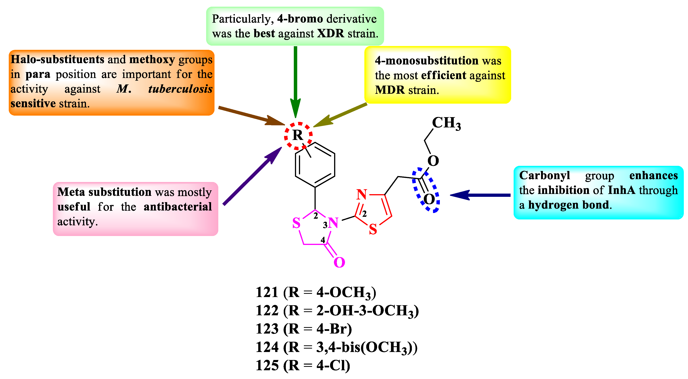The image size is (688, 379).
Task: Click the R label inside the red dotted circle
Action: coord(298,135)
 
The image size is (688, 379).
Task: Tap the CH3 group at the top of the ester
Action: coord(446,123)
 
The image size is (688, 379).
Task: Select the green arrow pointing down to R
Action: coord(295,80)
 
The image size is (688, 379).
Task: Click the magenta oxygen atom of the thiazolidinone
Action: coord(339,262)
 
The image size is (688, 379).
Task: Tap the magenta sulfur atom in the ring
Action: coord(296,223)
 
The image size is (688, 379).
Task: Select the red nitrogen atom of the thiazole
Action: coord(362,194)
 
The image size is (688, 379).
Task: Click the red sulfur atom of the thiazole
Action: coord(373,229)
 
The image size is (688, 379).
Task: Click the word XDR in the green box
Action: coord(331,34)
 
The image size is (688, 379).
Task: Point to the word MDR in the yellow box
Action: coord(390,90)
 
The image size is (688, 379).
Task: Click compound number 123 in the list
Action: coord(267,329)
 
